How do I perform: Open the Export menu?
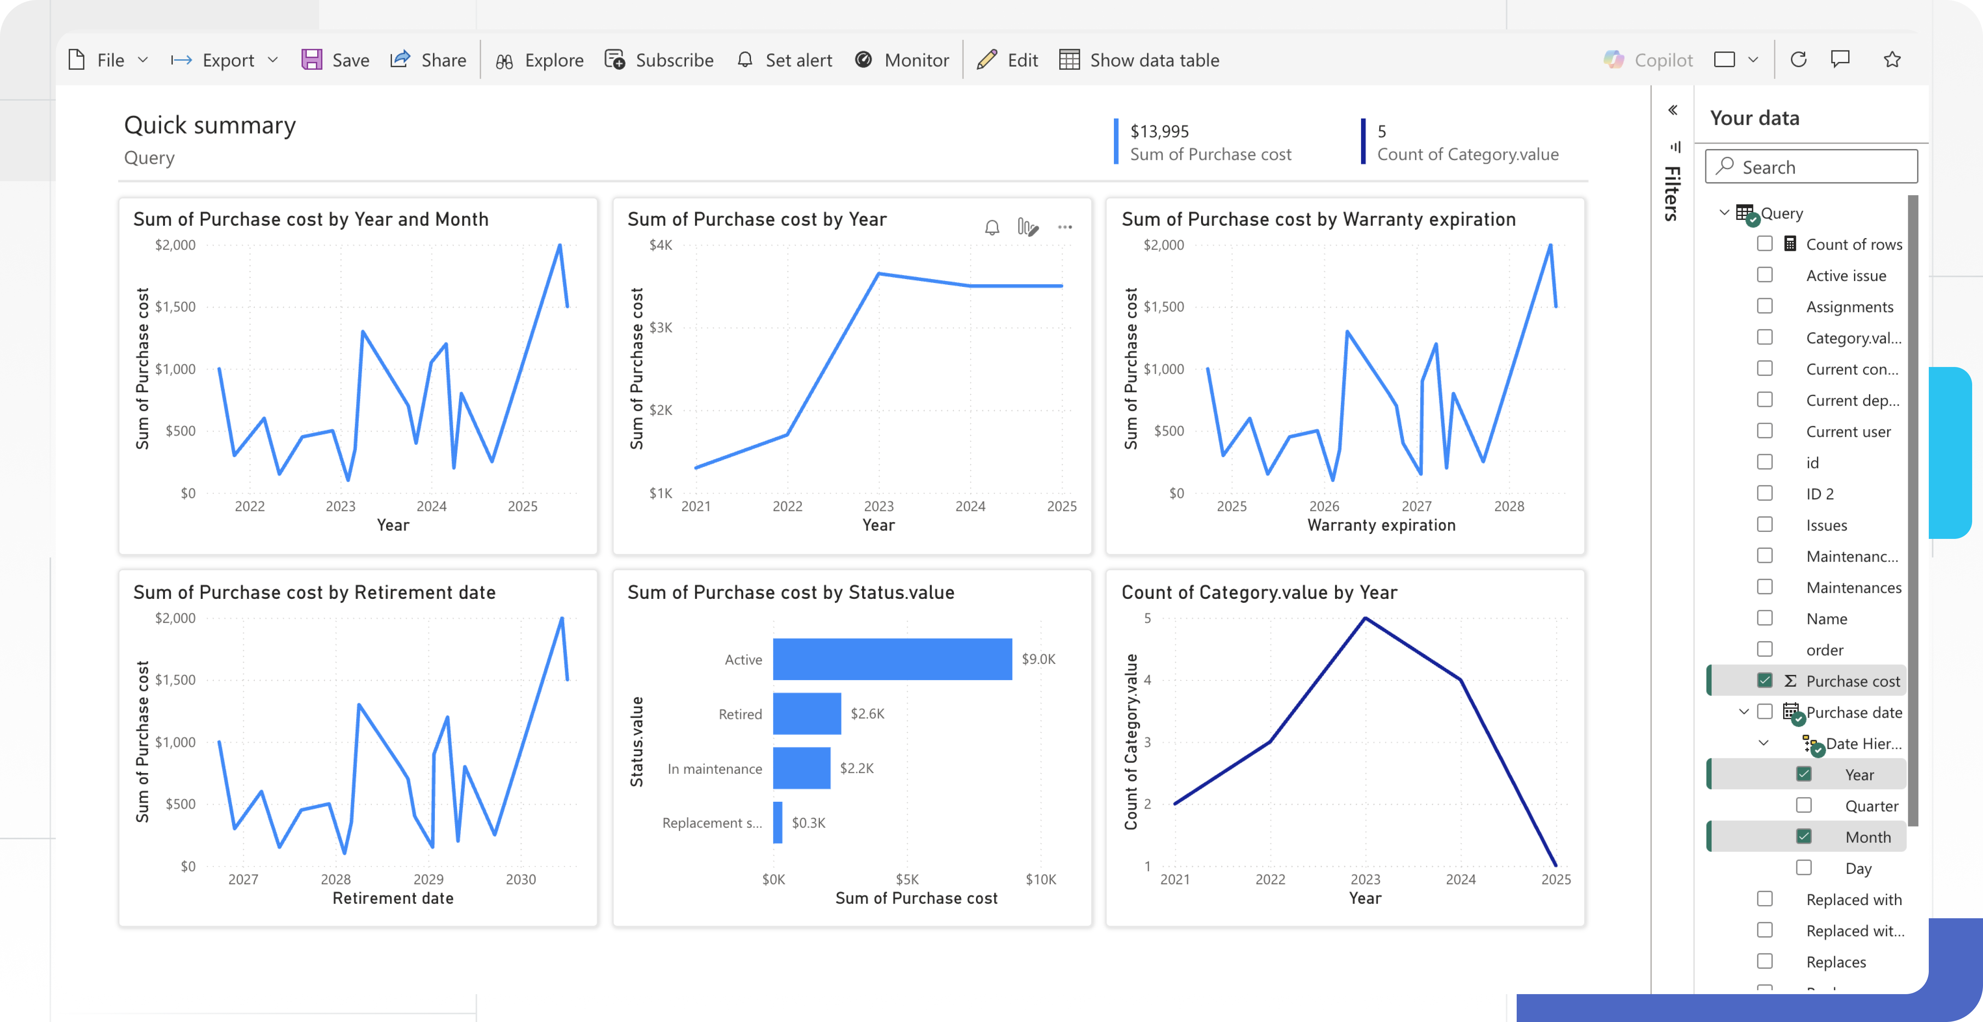coord(223,60)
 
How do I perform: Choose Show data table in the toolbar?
coord(1139,60)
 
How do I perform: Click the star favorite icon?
coord(1892,59)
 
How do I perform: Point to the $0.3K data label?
coord(808,823)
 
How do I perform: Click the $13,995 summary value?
coord(1159,132)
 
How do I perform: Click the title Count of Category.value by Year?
coord(1259,593)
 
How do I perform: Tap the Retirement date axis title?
coord(393,898)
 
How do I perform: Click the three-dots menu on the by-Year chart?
coord(1065,227)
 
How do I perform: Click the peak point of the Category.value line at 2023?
coord(1365,618)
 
